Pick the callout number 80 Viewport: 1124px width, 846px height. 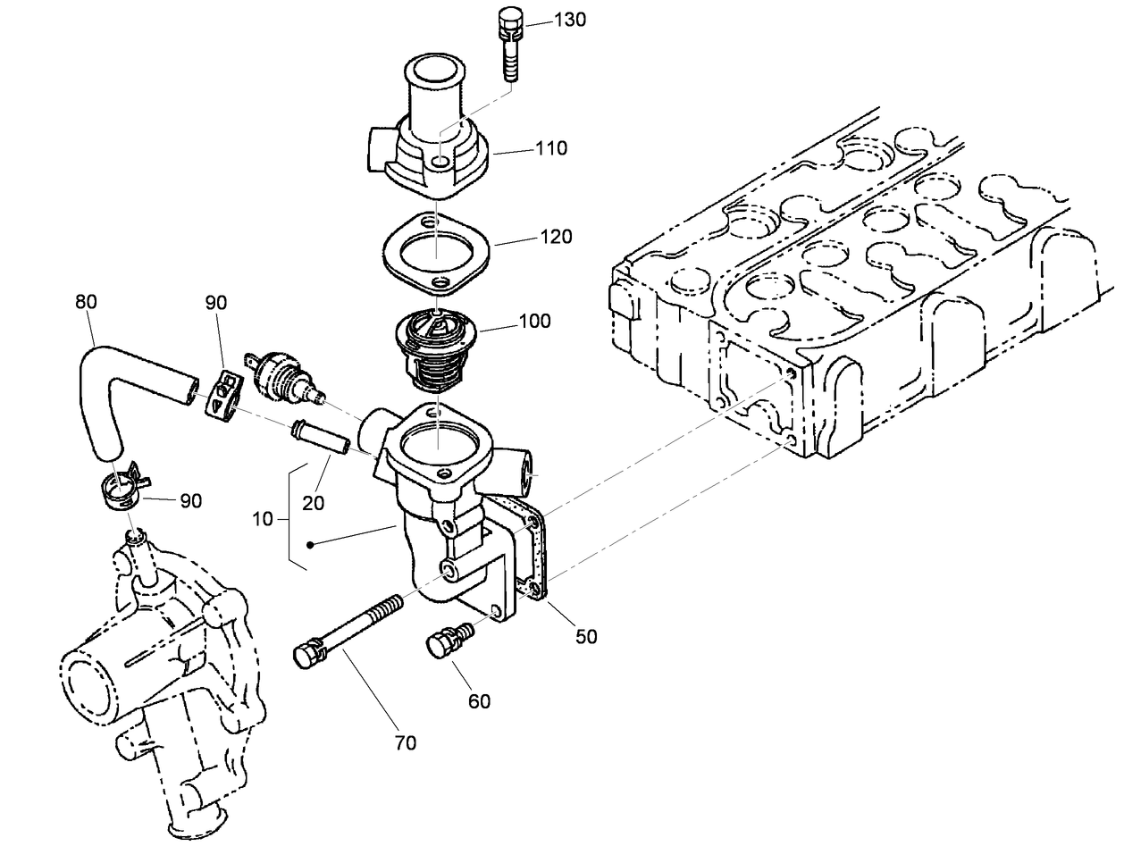tap(86, 302)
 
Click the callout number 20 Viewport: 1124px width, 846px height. tap(313, 503)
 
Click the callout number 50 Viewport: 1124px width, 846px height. tap(586, 636)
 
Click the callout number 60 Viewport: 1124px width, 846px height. tap(480, 701)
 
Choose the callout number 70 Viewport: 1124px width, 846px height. tap(406, 742)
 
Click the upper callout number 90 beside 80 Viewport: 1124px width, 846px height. tap(216, 302)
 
